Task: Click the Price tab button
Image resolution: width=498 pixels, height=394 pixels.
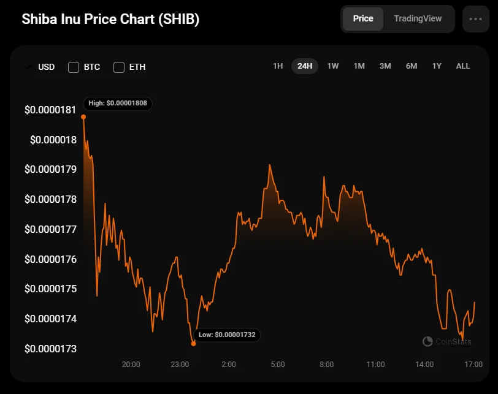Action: point(363,19)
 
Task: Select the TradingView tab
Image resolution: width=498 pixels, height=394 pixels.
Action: point(418,19)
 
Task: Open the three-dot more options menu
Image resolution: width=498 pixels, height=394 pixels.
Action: point(475,19)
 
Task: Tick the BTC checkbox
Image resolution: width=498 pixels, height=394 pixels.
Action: point(74,67)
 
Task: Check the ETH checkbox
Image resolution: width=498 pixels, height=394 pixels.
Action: point(119,67)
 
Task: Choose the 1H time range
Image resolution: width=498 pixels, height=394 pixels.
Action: point(278,66)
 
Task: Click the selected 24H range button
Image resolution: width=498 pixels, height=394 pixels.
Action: point(305,66)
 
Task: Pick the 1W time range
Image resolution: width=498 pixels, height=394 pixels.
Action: point(333,66)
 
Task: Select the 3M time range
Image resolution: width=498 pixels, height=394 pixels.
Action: point(385,66)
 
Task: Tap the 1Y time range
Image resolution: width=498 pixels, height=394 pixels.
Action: point(437,66)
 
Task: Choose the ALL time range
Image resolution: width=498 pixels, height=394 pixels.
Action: point(463,66)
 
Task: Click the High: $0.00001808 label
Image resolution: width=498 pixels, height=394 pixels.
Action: point(118,103)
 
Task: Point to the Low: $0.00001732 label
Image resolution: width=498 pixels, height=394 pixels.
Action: point(227,335)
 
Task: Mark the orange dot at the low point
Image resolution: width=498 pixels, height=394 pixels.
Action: point(194,344)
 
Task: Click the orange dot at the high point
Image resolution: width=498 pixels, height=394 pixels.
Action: point(83,116)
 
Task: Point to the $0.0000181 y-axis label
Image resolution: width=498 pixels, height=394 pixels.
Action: point(50,110)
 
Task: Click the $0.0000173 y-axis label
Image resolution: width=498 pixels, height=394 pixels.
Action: point(50,349)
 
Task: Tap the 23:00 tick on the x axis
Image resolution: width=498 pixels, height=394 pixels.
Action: point(179,365)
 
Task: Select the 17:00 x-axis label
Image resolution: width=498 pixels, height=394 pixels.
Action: point(473,365)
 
